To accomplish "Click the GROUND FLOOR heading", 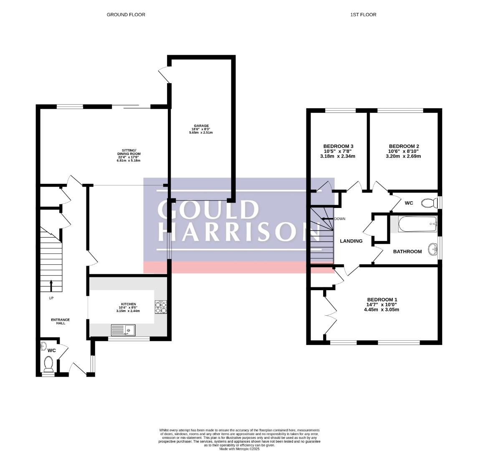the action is pos(126,15).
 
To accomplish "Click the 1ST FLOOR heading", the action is pos(363,15).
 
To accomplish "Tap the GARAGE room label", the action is pos(201,126).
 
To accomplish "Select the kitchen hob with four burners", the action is pos(161,307).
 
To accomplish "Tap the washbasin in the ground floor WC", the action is pos(43,346).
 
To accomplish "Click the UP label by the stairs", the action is pos(51,298).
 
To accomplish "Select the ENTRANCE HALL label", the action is pos(61,322).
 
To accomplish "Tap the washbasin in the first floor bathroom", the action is pos(432,249).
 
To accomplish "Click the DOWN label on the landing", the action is pos(339,219).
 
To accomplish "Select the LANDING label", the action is pos(351,241).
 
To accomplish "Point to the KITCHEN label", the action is pos(128,304).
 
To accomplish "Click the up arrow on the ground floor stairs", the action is pos(51,286).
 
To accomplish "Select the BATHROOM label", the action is pos(407,251).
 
